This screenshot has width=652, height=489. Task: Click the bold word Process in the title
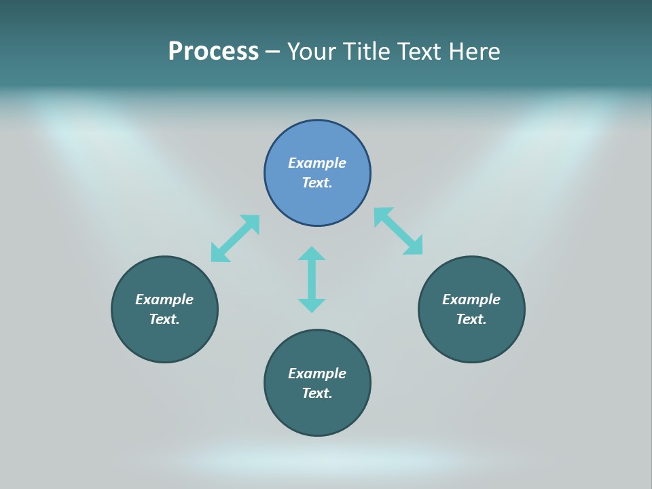pyautogui.click(x=213, y=52)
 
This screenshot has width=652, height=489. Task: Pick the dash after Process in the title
pyautogui.click(x=272, y=53)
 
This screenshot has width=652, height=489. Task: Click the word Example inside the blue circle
pyautogui.click(x=317, y=163)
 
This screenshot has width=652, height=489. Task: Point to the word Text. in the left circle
pyautogui.click(x=164, y=319)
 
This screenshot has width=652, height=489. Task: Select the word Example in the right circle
pyautogui.click(x=471, y=300)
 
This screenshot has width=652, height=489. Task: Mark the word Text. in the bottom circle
pyautogui.click(x=317, y=393)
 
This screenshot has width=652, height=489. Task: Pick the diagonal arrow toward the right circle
pyautogui.click(x=398, y=231)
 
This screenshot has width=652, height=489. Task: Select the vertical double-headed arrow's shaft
pyautogui.click(x=312, y=279)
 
